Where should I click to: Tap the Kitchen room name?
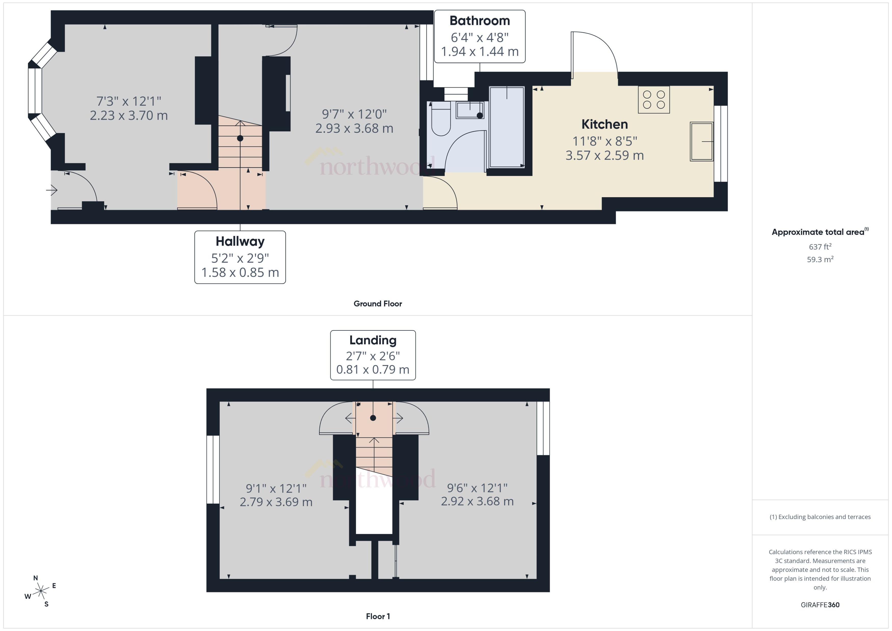pyautogui.click(x=604, y=124)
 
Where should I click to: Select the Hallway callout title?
pyautogui.click(x=240, y=241)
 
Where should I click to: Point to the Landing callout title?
pyautogui.click(x=373, y=340)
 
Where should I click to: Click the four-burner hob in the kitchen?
pyautogui.click(x=653, y=99)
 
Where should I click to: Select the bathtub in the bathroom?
pyautogui.click(x=507, y=127)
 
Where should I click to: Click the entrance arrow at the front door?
pyautogui.click(x=52, y=190)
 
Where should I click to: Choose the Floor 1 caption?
pyautogui.click(x=377, y=616)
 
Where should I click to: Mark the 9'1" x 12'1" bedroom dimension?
pyautogui.click(x=276, y=488)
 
